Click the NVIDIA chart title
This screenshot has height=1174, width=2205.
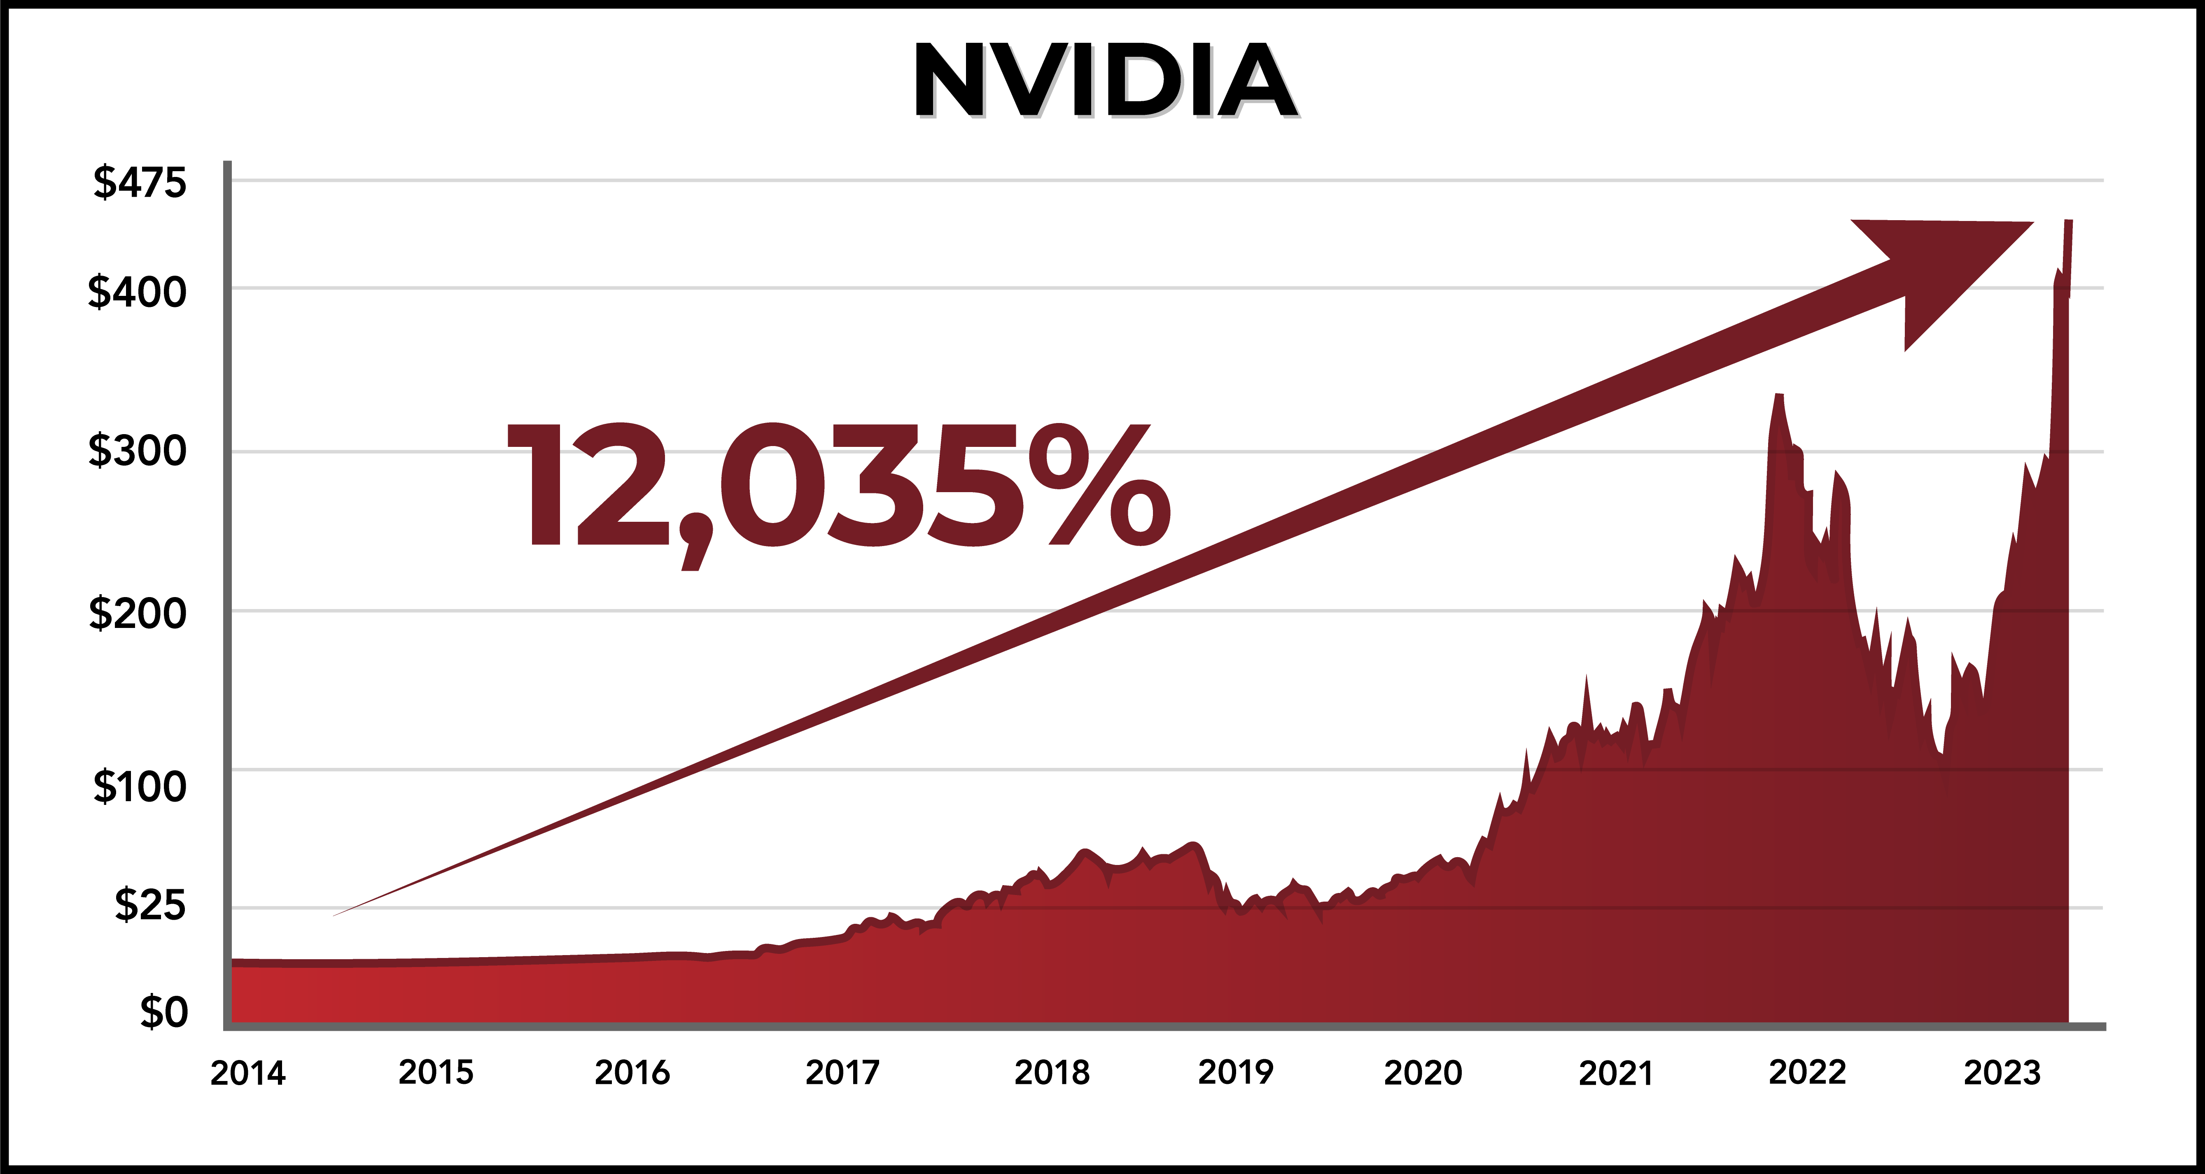(1104, 81)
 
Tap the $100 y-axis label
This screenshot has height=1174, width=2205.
(140, 786)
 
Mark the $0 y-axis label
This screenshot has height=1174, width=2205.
(163, 1012)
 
